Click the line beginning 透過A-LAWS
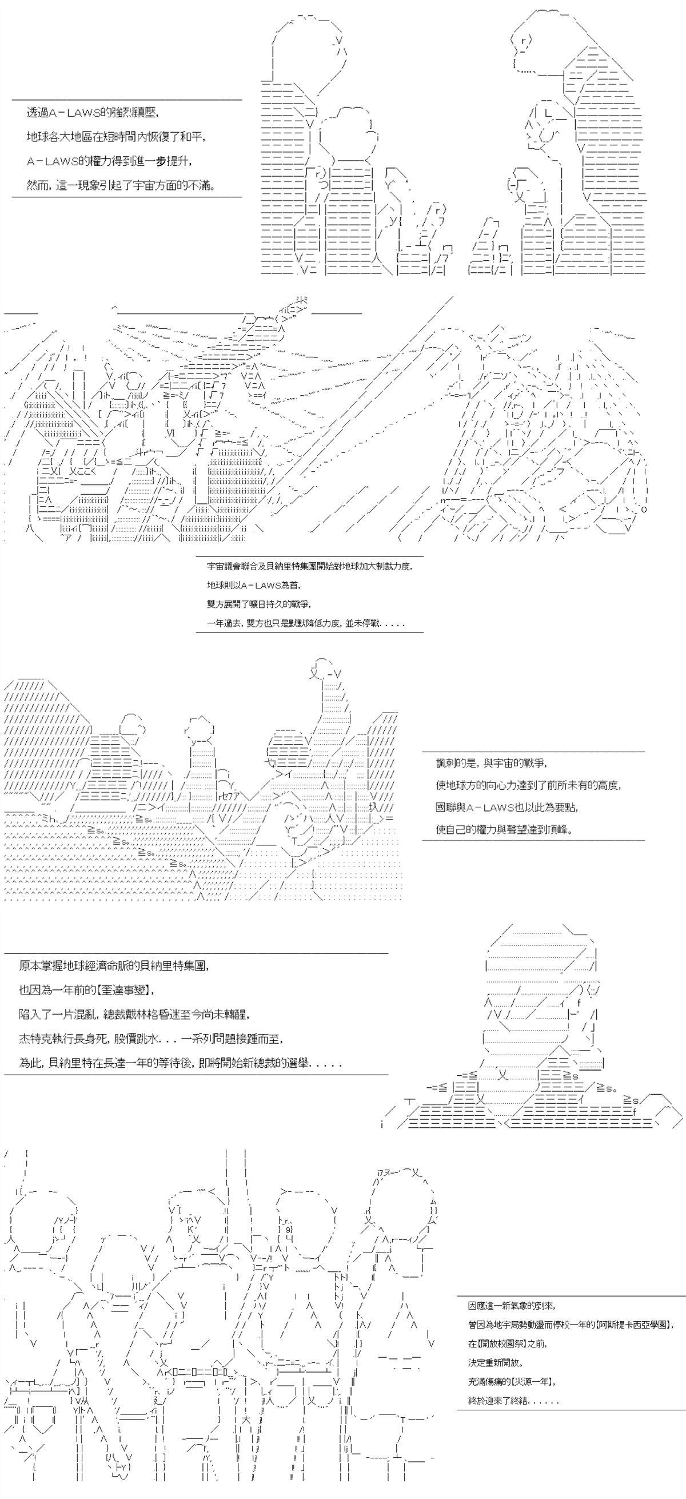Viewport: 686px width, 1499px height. (x=93, y=113)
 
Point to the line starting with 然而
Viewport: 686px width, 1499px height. (x=121, y=186)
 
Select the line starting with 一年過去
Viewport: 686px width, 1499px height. (x=305, y=623)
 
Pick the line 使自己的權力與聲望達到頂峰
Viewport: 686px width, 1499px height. (x=504, y=829)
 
